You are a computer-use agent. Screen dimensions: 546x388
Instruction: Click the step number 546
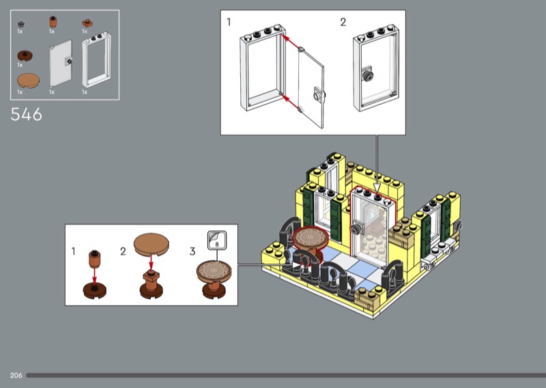[26, 114]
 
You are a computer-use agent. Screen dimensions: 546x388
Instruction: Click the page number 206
[16, 375]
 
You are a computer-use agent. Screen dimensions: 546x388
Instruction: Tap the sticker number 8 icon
[217, 240]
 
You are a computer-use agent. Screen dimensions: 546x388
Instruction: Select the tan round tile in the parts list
[28, 81]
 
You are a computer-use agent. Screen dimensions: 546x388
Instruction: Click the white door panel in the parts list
[61, 63]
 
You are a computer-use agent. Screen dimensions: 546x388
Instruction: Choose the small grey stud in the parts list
[21, 24]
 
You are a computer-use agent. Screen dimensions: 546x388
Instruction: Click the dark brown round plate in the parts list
[25, 55]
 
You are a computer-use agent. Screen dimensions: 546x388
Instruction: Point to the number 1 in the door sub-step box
[229, 23]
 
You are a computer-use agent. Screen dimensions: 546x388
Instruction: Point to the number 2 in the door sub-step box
[343, 23]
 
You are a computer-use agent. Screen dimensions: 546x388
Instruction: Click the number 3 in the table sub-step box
[192, 251]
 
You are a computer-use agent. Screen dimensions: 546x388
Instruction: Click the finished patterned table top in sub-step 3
[214, 271]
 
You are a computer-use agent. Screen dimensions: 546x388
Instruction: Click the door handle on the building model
[356, 230]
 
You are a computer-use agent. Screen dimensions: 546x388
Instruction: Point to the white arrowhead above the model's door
[377, 189]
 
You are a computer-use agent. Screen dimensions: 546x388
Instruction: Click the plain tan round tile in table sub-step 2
[151, 243]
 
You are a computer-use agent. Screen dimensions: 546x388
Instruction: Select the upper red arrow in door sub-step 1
[291, 42]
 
